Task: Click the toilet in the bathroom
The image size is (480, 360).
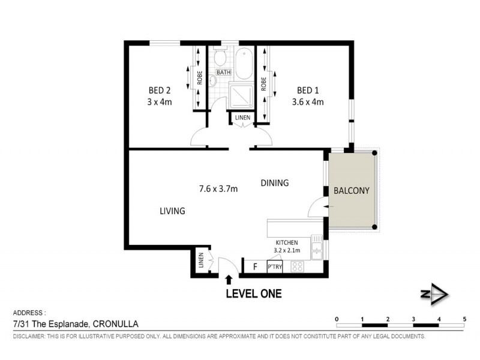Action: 220,56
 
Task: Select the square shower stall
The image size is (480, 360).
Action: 242,96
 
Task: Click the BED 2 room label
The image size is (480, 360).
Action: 159,91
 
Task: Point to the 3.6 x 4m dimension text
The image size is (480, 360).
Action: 308,101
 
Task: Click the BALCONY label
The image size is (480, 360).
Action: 352,191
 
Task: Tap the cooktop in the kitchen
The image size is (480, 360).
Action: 297,266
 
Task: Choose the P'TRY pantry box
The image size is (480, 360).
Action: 275,266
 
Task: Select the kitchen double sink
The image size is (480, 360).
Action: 317,247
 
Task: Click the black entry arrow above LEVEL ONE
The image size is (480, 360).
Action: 229,280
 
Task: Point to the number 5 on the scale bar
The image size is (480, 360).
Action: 464,319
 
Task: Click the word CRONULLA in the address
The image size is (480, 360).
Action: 115,324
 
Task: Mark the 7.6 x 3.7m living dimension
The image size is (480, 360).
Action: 218,189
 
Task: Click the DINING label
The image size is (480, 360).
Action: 275,183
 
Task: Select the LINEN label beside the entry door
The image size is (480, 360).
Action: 201,260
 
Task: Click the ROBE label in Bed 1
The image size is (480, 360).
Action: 263,84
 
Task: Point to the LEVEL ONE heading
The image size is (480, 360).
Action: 254,293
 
